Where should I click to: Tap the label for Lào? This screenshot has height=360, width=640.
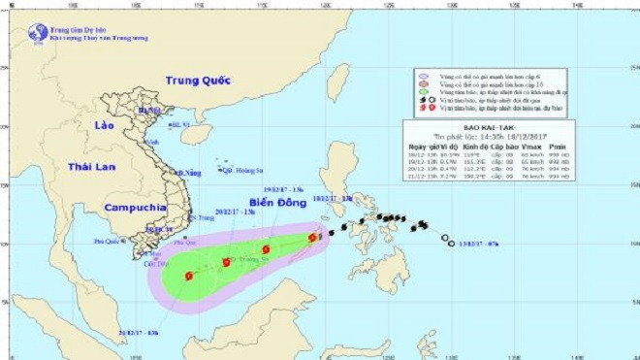(105, 127)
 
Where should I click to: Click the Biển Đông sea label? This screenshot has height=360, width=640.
(275, 203)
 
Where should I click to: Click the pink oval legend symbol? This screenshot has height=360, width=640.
(424, 84)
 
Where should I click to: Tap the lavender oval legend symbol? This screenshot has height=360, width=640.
(424, 75)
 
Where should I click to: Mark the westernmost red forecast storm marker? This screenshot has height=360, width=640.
(188, 276)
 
